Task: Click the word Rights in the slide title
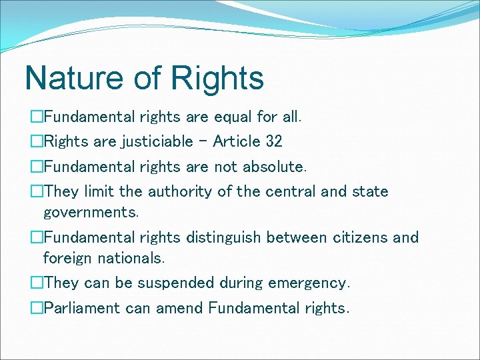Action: (x=217, y=79)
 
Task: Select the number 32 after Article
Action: (x=273, y=141)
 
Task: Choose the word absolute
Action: (x=271, y=166)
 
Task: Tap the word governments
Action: (x=91, y=213)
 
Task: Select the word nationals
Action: (x=131, y=257)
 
